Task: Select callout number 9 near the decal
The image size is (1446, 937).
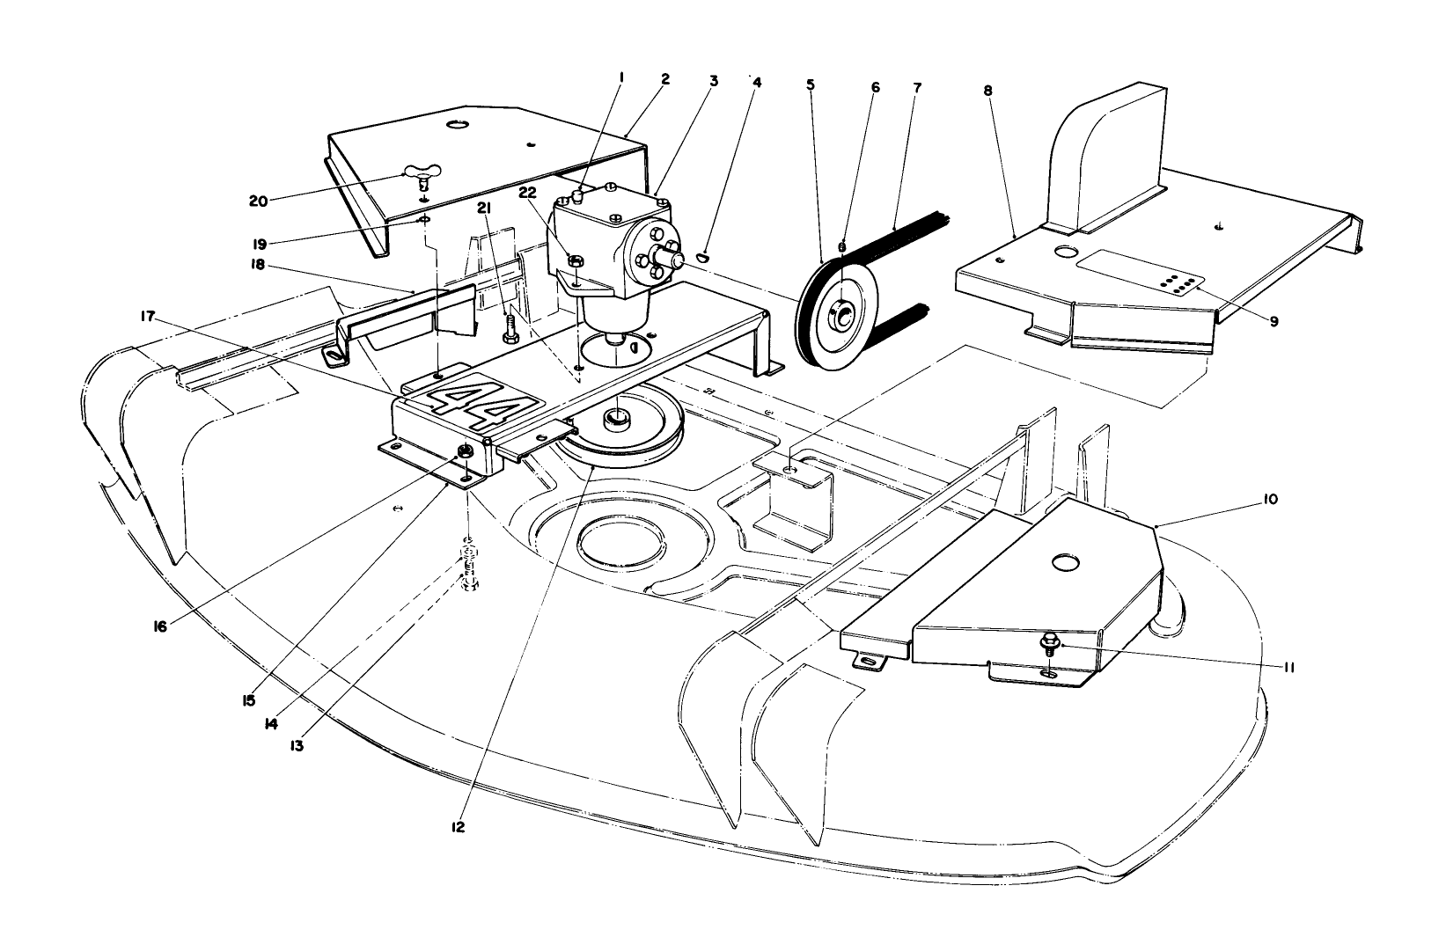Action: click(x=1274, y=320)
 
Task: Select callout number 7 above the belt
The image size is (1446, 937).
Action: click(x=917, y=88)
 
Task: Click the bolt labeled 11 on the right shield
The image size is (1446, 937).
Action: click(x=1050, y=646)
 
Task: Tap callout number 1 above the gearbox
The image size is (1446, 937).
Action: click(x=620, y=77)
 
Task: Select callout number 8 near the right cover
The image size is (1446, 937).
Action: click(x=988, y=89)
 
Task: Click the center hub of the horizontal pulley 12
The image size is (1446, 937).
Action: click(x=620, y=416)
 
